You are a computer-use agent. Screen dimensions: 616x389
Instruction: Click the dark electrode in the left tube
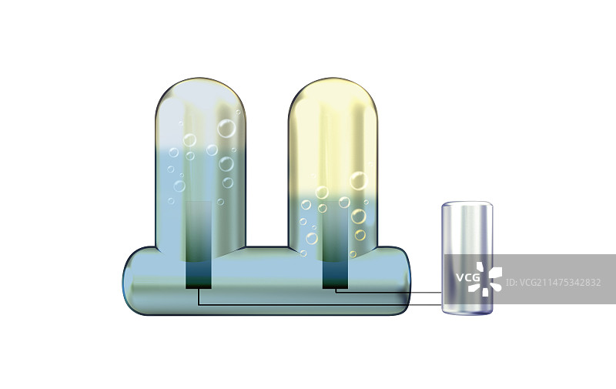pos(199,245)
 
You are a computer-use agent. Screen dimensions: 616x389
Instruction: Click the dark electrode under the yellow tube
pos(335,245)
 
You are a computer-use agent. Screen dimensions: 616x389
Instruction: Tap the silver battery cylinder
pos(467,258)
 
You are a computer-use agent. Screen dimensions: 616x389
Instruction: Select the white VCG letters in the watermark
pos(468,277)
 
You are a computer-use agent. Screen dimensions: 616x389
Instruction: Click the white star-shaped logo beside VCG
pos(486,280)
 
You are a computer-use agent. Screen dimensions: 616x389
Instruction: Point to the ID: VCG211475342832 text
pos(553,283)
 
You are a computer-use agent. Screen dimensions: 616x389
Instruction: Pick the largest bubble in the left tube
pos(226,129)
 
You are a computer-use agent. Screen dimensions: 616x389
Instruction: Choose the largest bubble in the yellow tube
pos(359,181)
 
